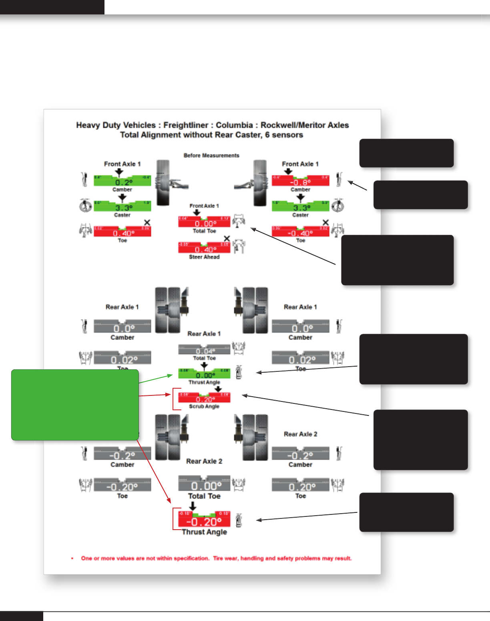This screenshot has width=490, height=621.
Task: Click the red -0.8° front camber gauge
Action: (x=300, y=181)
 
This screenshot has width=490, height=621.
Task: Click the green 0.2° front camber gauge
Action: (x=122, y=181)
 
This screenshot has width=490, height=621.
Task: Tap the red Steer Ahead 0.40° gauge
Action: (x=204, y=248)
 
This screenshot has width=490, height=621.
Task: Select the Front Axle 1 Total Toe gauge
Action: (x=204, y=222)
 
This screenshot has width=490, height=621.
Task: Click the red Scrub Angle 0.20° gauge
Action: (x=204, y=397)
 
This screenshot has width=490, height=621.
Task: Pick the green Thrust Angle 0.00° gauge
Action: (x=204, y=373)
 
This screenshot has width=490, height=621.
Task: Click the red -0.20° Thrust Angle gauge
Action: (x=204, y=520)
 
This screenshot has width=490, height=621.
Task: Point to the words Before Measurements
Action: (x=211, y=155)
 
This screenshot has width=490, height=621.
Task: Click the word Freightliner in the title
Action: (x=186, y=125)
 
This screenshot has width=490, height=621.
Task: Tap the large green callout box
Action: (x=75, y=405)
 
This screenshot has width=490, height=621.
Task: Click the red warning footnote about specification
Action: (x=216, y=558)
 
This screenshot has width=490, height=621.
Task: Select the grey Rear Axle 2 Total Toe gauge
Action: (x=204, y=484)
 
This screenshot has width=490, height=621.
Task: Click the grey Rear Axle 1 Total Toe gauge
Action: (x=204, y=350)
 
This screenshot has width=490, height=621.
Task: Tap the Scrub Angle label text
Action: (x=204, y=406)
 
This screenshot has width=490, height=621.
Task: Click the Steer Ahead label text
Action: (x=204, y=257)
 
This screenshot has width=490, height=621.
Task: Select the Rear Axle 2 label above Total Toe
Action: (x=204, y=462)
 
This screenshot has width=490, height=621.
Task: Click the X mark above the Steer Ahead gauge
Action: (x=227, y=239)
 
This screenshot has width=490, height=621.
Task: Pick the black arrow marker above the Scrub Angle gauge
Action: (x=218, y=389)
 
